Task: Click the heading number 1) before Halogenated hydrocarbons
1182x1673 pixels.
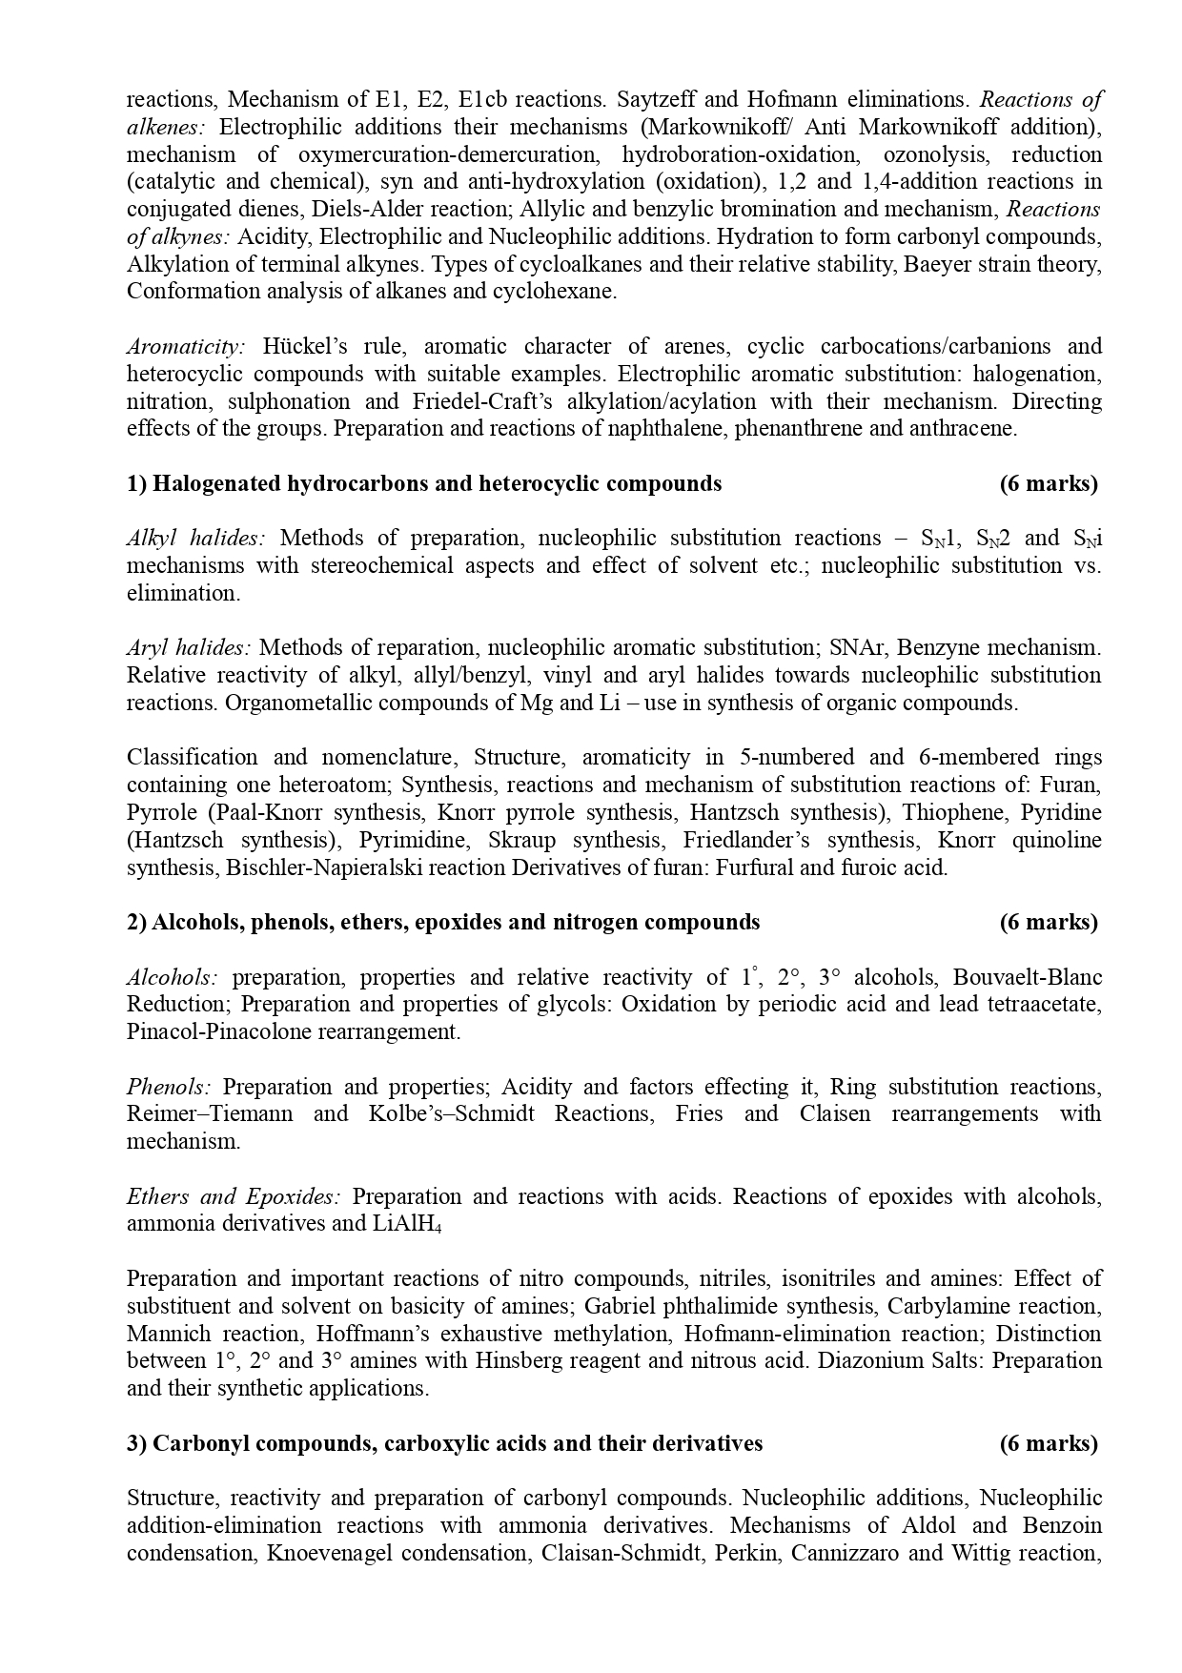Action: [137, 483]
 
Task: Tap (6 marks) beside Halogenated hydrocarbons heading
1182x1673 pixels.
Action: [1049, 483]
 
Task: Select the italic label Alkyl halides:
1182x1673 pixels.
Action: [195, 538]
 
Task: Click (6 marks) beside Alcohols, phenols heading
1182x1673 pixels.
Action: [1049, 922]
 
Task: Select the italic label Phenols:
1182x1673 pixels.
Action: [169, 1087]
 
